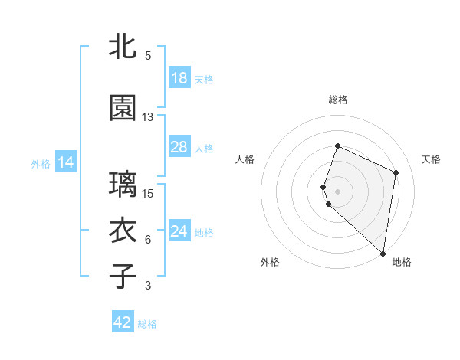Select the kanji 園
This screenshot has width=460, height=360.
point(123,109)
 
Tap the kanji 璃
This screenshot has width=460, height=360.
point(123,185)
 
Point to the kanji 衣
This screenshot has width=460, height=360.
point(123,231)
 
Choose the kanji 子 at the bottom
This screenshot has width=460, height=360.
point(123,276)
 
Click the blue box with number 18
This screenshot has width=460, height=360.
point(179,78)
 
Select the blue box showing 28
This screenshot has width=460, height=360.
point(179,147)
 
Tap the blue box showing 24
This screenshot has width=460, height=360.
point(179,231)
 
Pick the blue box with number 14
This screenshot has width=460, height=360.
point(65,162)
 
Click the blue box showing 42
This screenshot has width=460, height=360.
point(123,322)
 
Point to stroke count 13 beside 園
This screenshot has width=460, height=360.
point(148,117)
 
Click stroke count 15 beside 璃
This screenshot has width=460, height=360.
point(148,193)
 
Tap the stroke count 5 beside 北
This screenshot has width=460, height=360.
point(148,56)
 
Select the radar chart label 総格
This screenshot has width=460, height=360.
point(338,100)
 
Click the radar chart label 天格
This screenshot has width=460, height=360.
point(431,159)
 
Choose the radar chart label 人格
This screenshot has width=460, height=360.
point(245,159)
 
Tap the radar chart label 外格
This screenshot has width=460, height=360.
point(270,262)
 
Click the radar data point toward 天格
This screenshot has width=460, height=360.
point(396,172)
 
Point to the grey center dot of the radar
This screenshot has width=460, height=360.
point(338,191)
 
